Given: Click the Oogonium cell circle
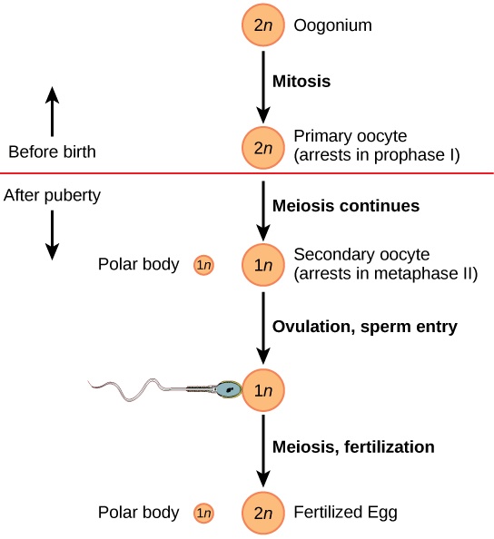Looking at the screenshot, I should pos(262,24).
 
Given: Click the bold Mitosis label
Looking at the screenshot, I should pos(301,81).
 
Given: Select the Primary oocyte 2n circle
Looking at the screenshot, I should pos(262,147).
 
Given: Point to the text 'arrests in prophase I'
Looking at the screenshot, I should pos(377,155).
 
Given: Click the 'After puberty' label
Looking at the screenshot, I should pos(52,194).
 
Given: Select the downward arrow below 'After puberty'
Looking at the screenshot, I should pos(52,234).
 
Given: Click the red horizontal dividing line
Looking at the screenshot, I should pos(136,172).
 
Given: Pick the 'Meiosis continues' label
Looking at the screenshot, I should pos(346,206).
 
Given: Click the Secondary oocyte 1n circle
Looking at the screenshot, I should pos(262,265).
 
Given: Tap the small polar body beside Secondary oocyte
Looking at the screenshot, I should pos(203,265).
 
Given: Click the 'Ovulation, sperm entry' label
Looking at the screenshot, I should pos(365,327).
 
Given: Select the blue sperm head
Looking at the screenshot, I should pos(228,390).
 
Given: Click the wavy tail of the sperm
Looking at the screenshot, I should pos(136,388).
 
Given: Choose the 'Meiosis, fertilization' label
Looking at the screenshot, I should pos(353,446).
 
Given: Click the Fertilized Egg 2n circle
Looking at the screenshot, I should pos(262,514).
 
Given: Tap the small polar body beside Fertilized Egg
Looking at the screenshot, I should pos(203,514).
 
